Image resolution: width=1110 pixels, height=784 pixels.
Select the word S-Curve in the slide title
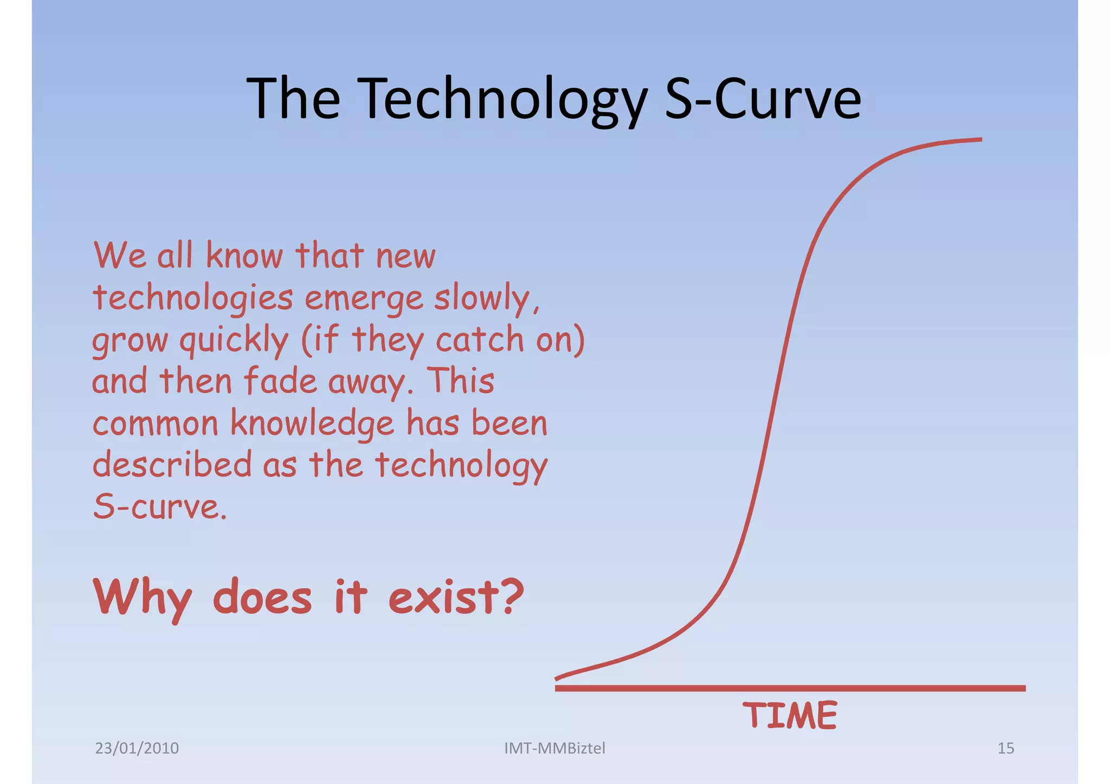click(763, 99)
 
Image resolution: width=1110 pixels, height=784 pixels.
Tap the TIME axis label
click(790, 715)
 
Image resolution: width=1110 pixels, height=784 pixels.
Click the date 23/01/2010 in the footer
click(137, 748)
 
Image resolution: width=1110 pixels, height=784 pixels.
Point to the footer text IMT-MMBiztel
click(554, 748)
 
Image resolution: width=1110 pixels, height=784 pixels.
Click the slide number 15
click(1005, 748)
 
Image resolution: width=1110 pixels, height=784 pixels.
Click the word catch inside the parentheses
click(479, 340)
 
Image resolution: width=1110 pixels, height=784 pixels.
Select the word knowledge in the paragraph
click(312, 424)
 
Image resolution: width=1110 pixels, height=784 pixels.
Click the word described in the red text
click(172, 465)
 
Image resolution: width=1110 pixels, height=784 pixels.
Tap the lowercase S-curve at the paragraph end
click(159, 507)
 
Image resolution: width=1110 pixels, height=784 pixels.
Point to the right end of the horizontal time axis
click(1024, 688)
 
